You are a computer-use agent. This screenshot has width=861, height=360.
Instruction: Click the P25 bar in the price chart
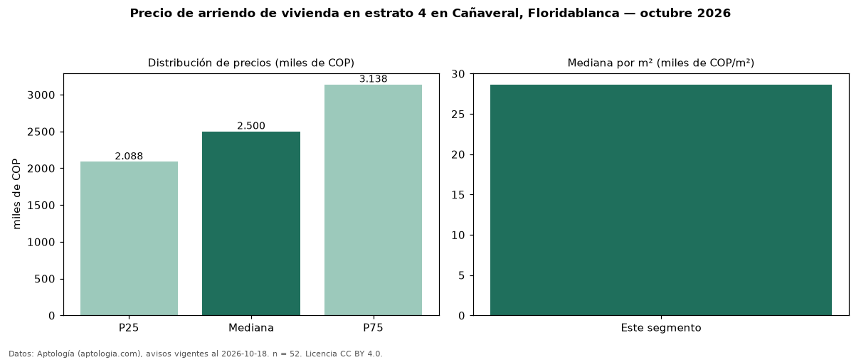[130, 238]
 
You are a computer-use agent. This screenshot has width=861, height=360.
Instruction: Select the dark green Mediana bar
[251, 223]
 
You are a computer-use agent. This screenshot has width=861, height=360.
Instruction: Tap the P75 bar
[374, 200]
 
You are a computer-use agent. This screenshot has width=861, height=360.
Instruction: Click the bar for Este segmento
[661, 200]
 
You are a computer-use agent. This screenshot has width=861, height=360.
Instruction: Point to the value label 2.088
[129, 156]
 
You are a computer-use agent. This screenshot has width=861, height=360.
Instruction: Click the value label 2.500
[251, 126]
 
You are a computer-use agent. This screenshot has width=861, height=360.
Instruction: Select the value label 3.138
[374, 79]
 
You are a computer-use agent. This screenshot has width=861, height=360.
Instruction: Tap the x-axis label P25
[129, 328]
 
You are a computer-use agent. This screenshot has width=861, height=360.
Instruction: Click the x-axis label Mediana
[251, 328]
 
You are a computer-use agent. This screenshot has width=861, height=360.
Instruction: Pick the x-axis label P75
[374, 328]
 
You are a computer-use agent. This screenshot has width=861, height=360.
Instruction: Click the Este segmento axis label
[661, 328]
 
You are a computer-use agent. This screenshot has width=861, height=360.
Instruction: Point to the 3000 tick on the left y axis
[41, 95]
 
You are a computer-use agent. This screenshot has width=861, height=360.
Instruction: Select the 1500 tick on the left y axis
[41, 206]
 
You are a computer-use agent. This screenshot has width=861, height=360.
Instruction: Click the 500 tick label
[45, 279]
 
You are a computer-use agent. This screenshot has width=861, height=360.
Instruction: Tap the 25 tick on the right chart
[458, 115]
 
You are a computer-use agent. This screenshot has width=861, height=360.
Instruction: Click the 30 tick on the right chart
[458, 74]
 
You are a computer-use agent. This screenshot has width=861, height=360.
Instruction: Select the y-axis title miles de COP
[16, 194]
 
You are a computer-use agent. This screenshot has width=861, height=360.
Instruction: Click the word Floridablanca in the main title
[574, 13]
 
